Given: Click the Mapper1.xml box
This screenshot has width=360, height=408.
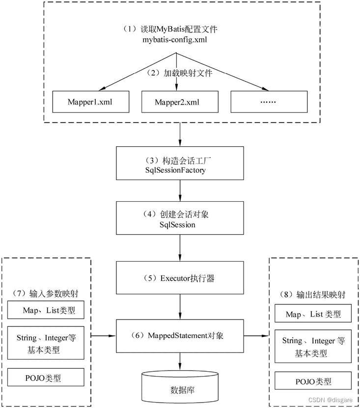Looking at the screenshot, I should (91, 102).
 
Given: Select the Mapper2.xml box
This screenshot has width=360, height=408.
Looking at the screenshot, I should (180, 102).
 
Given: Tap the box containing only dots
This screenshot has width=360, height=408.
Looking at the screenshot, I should (269, 102).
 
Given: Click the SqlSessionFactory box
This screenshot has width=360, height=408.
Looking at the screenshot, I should (180, 163).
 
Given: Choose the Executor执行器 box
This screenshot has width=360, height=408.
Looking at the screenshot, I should (180, 278).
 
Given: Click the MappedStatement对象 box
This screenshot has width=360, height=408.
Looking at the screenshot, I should (180, 336).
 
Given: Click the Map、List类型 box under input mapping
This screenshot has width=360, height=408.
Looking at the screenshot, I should (46, 310).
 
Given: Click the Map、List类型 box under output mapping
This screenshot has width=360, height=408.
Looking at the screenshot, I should (313, 314).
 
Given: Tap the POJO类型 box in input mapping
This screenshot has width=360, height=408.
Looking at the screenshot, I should (46, 377).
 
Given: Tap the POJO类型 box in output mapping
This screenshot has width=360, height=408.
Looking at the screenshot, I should (313, 381).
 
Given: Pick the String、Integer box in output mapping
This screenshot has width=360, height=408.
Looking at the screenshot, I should (313, 346).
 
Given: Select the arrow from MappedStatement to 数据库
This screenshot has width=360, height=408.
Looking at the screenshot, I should (180, 361).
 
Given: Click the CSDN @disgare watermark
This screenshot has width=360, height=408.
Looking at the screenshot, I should (331, 400).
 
